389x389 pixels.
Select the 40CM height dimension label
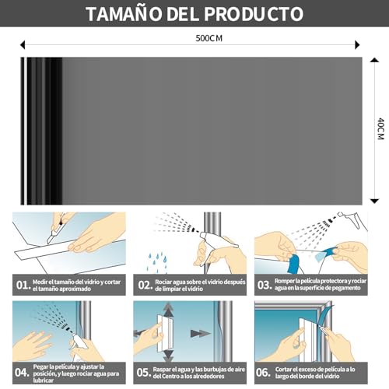click(380, 129)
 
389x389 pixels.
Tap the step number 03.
click(265, 285)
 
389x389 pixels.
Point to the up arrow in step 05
click(169, 310)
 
